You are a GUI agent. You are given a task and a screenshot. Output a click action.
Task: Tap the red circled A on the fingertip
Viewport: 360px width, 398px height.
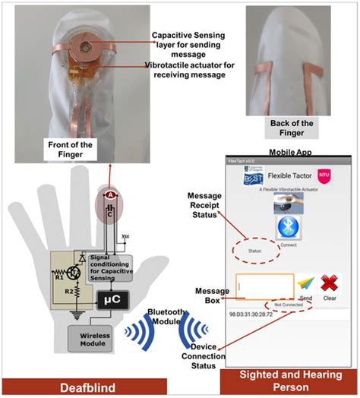point(110,195)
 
